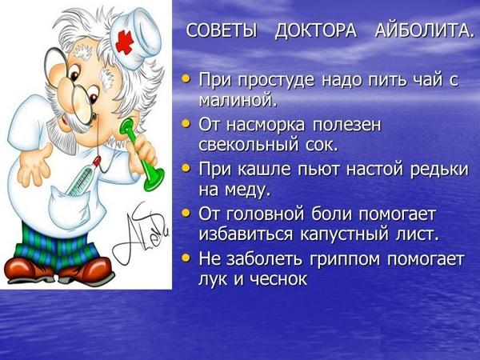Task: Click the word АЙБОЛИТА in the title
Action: tap(424, 31)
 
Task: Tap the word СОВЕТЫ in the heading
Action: tap(222, 31)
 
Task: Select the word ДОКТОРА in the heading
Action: tap(316, 32)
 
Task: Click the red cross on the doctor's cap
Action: tap(125, 42)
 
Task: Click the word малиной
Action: tap(238, 99)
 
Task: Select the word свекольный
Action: tap(248, 144)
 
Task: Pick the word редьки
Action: tap(439, 170)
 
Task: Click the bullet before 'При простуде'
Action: tap(186, 79)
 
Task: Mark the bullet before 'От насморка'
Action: tap(186, 124)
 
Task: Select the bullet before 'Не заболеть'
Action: tap(186, 258)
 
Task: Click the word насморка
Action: tap(265, 126)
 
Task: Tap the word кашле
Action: tap(263, 170)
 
